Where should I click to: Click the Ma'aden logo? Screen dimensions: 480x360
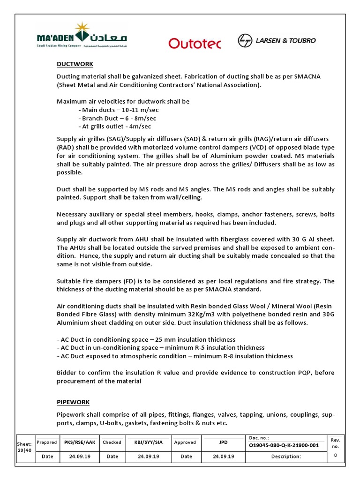coord(82,36)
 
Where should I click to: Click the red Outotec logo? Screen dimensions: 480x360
coord(194,43)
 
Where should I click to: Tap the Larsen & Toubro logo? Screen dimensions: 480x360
coord(277,41)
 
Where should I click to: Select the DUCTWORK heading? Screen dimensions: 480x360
coord(75,64)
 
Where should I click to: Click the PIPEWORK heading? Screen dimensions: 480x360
coord(73,402)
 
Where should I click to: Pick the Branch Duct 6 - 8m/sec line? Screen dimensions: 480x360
coord(117,118)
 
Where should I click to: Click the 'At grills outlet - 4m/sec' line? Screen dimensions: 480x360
coord(115,127)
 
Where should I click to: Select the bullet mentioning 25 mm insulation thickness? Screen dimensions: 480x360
coord(146,339)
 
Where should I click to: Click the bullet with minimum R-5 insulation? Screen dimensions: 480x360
coord(161,348)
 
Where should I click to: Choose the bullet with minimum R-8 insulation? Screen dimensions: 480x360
coord(175,356)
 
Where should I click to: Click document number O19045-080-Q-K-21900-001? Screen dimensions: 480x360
coord(284,445)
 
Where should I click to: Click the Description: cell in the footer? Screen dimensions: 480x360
coord(285,457)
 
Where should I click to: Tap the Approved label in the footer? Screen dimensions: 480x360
coord(185,442)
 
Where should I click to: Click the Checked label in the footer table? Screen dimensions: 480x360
coord(112,442)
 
